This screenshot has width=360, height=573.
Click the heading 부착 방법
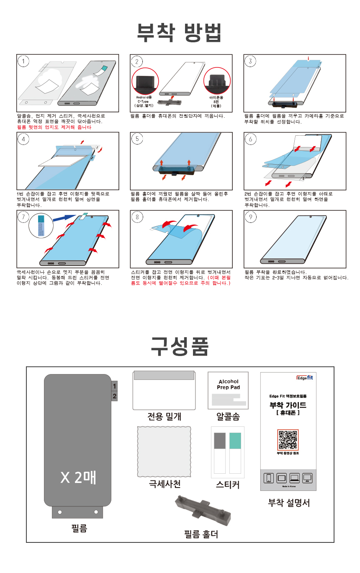pyautogui.click(x=180, y=33)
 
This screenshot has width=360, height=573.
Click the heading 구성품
pyautogui.click(x=180, y=346)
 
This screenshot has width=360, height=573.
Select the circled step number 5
pyautogui.click(x=137, y=139)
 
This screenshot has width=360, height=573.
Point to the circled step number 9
pyautogui.click(x=251, y=217)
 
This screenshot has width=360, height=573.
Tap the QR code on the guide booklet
pyautogui.click(x=288, y=439)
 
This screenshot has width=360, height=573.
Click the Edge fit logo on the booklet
pyautogui.click(x=304, y=377)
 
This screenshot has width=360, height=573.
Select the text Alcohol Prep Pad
pyautogui.click(x=228, y=385)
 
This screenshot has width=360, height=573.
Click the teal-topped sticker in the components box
pyautogui.click(x=235, y=441)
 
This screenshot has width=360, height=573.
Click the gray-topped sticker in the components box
pyautogui.click(x=220, y=441)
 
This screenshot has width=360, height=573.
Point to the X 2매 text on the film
pyautogui.click(x=78, y=478)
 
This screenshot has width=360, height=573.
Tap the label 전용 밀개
pyautogui.click(x=164, y=416)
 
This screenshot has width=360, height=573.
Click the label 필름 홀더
pyautogui.click(x=201, y=534)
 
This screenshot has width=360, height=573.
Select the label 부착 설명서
pyautogui.click(x=288, y=502)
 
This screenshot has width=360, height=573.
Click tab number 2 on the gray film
pyautogui.click(x=115, y=396)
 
